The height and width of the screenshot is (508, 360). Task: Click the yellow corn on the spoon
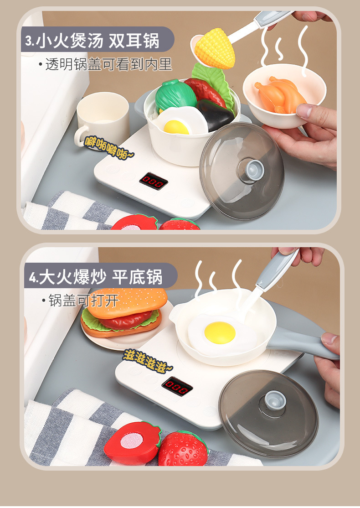coord(215,48)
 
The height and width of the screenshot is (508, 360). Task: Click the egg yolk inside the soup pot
coord(176,127)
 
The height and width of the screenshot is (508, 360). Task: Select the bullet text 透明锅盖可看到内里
coord(108,64)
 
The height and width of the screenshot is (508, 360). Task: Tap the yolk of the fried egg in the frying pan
coord(220,333)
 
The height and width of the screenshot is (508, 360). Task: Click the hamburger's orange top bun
coord(128,301)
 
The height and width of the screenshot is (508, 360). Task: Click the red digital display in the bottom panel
coord(177,385)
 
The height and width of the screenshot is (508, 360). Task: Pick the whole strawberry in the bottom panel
coord(183,448)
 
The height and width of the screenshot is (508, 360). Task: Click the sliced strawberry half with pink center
coord(133,442)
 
